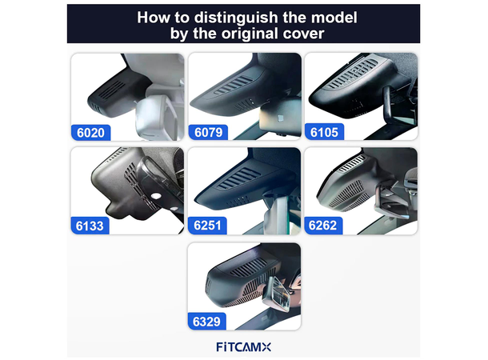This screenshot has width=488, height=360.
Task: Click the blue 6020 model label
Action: tap(90, 130)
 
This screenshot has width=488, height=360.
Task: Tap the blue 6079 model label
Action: tap(207, 130)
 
